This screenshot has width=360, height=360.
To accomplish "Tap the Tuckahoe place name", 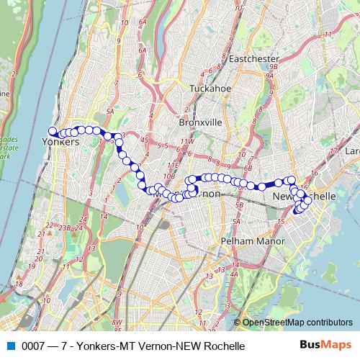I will pos(208,89).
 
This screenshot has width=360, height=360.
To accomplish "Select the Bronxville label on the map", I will pos(199,122).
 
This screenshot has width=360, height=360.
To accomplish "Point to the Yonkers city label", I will pos(60,142).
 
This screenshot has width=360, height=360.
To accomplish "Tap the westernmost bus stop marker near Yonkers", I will pos(52,130).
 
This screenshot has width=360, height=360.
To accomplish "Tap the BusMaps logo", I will pos(328,346).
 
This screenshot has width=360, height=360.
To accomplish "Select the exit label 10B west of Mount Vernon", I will pos(169,175).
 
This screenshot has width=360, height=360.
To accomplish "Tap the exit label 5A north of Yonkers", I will pos(110,112).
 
